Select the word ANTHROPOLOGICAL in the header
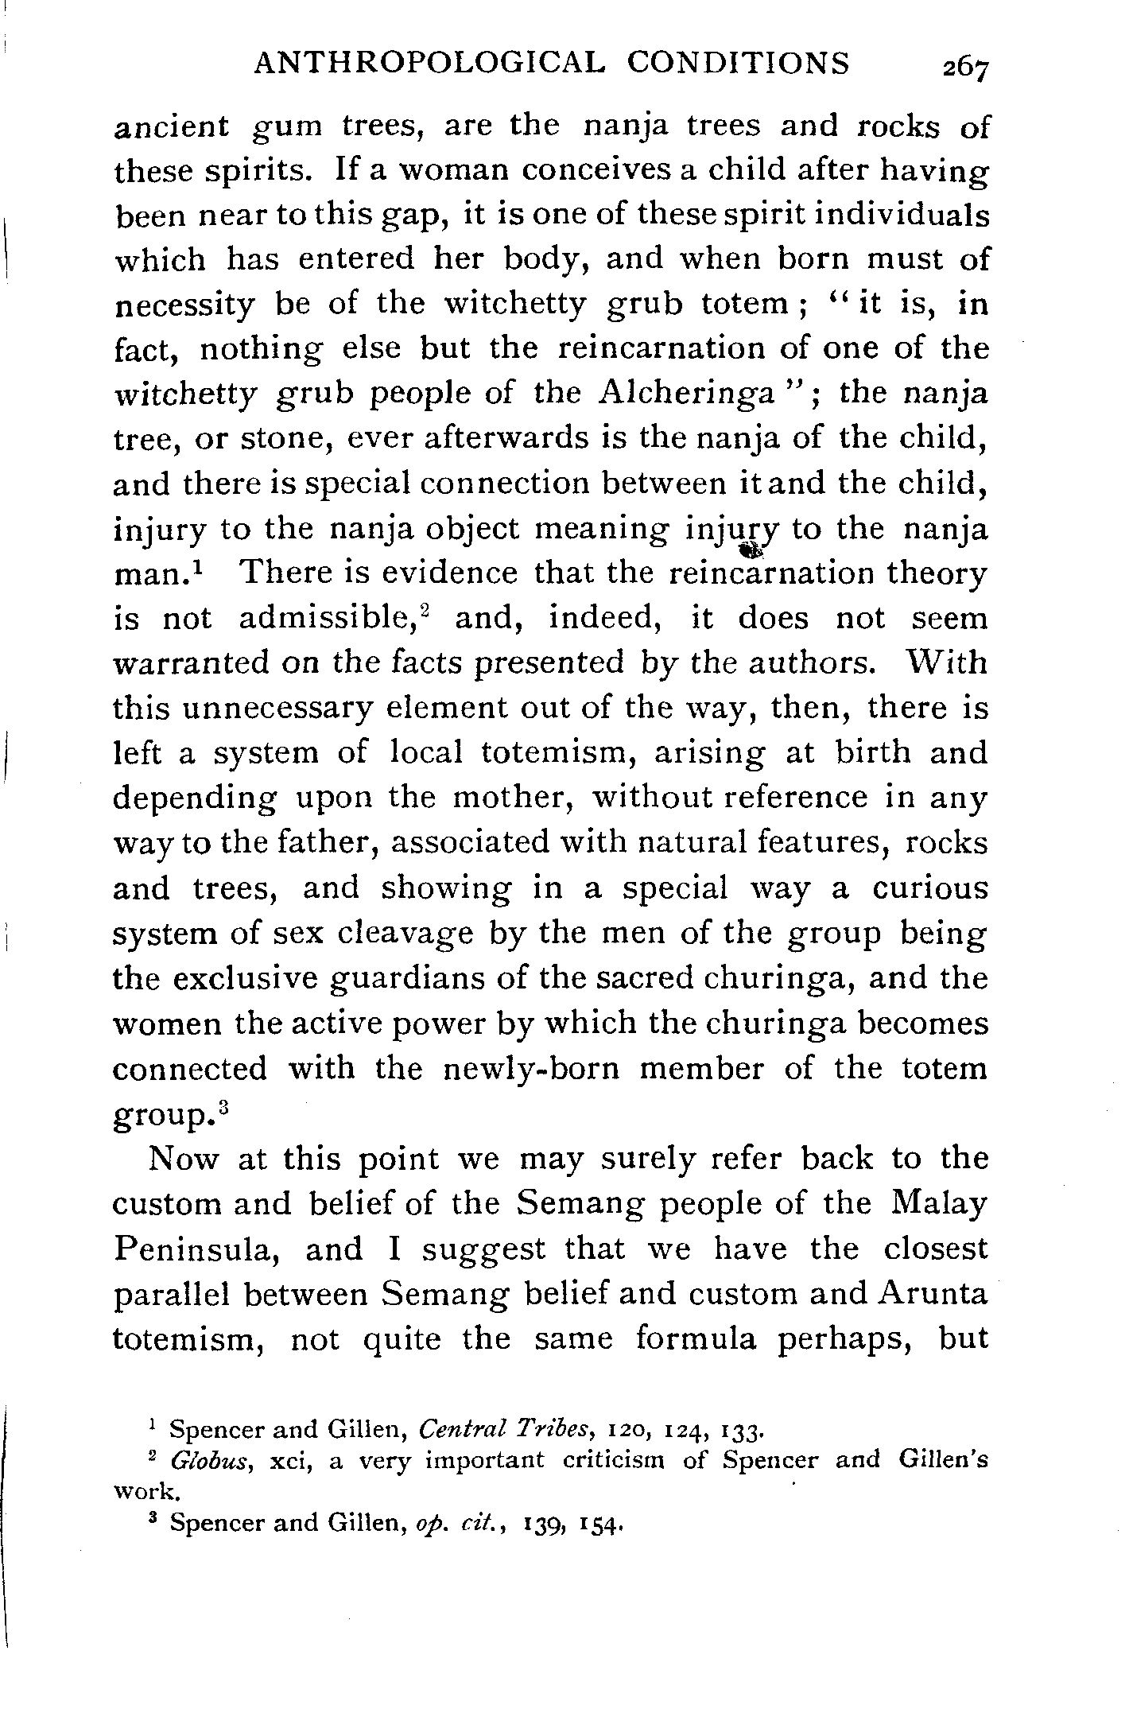425,63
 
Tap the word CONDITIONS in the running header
738,63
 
